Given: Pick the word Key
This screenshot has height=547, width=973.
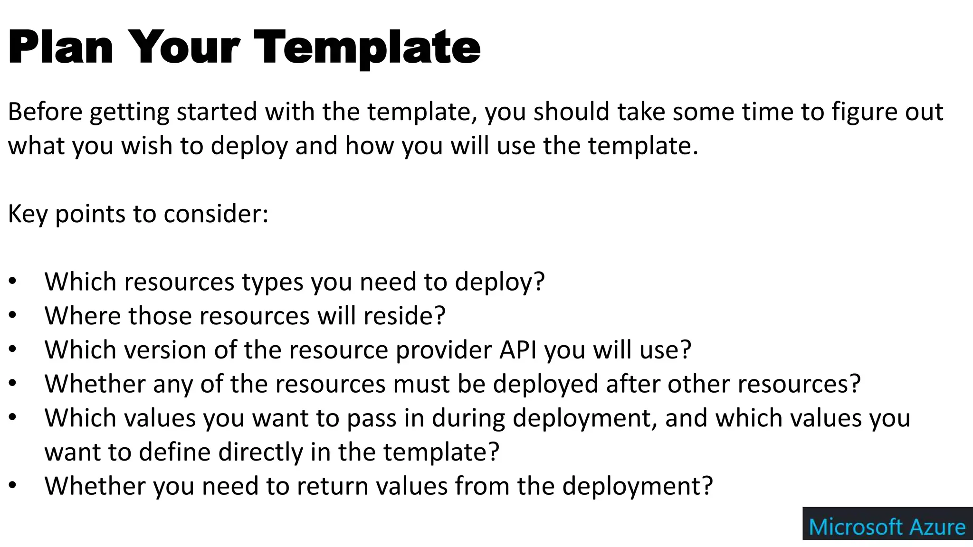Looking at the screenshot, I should coord(28,214).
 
